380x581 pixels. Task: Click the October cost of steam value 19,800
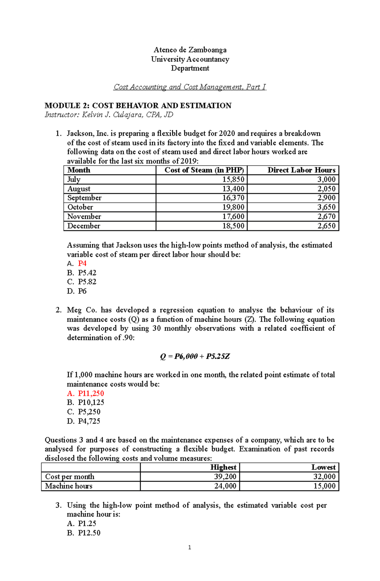tap(233, 207)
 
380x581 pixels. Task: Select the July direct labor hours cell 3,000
tap(326, 180)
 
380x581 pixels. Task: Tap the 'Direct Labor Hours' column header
tap(301, 170)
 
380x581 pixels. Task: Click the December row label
tap(84, 226)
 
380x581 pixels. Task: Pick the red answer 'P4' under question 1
tap(82, 263)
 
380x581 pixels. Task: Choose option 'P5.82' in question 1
tap(87, 282)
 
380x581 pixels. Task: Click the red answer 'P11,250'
tap(91, 394)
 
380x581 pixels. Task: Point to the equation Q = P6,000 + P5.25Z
tap(195, 357)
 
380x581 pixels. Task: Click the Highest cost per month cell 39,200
tap(225, 477)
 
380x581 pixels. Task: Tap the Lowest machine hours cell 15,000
tap(324, 486)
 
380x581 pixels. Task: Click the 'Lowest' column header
tap(323, 467)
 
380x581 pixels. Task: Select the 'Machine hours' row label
tap(69, 486)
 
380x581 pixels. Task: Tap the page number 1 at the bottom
tap(189, 547)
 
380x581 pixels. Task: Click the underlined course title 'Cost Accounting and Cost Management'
tap(178, 87)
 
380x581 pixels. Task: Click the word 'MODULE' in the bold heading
tap(63, 106)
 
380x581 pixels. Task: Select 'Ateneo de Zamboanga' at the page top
tap(190, 50)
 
